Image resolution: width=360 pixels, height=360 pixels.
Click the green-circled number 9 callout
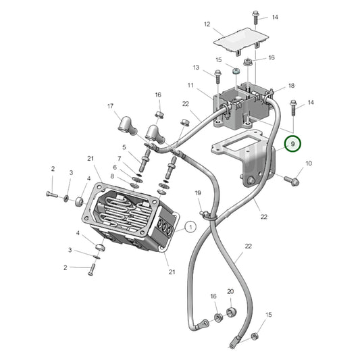tap(292, 144)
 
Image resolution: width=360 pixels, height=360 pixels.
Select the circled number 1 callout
tap(190, 228)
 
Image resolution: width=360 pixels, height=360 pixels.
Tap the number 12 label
tap(207, 24)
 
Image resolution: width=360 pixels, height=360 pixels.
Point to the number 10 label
tap(309, 163)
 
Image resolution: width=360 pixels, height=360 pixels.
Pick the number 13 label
tap(196, 68)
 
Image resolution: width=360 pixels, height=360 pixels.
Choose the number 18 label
tap(291, 86)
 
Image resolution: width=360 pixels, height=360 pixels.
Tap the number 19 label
tap(198, 194)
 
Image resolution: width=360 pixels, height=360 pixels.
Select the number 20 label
tap(230, 292)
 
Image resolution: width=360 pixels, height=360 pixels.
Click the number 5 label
tap(124, 147)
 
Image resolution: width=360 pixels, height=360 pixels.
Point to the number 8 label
tap(112, 176)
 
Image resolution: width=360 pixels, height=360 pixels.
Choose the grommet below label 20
tap(231, 311)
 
